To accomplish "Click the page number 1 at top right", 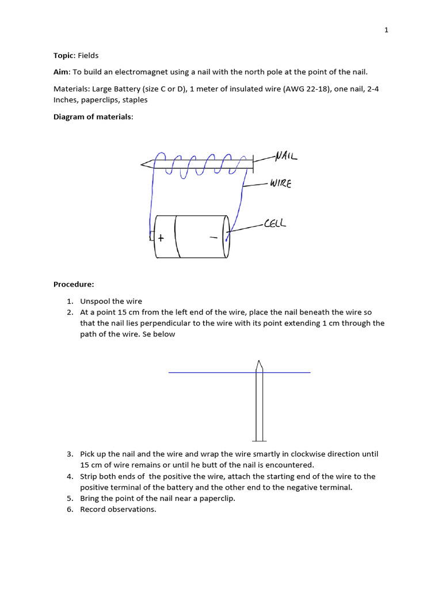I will coord(387,30).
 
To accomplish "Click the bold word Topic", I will coord(64,56).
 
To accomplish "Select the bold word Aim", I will coord(62,71).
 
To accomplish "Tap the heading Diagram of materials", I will coord(93,117).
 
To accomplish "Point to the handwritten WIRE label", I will coord(280,184).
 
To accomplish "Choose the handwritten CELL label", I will coord(275,223).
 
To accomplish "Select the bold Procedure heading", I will coord(74,284).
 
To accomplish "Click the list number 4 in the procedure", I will coord(69,476).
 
